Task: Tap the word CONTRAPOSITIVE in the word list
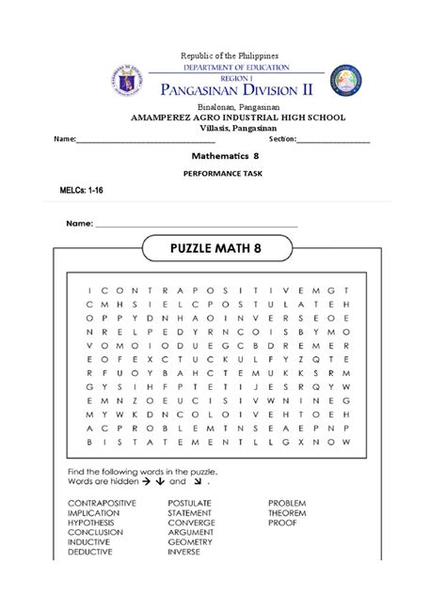(x=103, y=504)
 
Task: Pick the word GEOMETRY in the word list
(x=192, y=542)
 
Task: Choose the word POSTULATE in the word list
(x=191, y=504)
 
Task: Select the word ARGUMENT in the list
(x=193, y=533)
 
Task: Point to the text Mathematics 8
(x=223, y=159)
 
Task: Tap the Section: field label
(x=282, y=139)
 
